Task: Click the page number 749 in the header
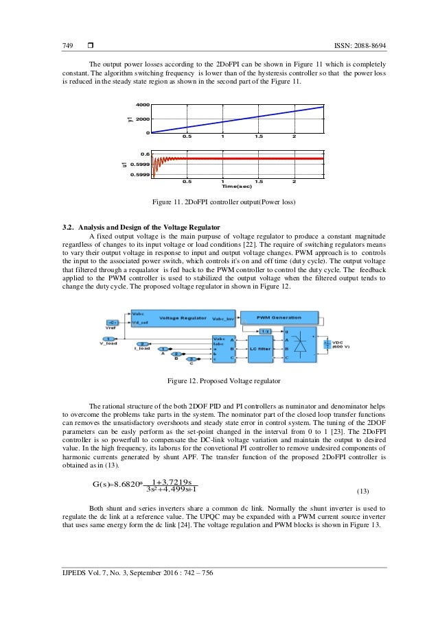click(67, 45)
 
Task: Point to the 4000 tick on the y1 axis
click(142, 105)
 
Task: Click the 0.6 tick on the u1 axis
click(144, 154)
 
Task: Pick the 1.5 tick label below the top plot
click(258, 137)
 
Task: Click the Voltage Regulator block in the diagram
click(183, 318)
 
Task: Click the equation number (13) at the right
click(367, 491)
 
